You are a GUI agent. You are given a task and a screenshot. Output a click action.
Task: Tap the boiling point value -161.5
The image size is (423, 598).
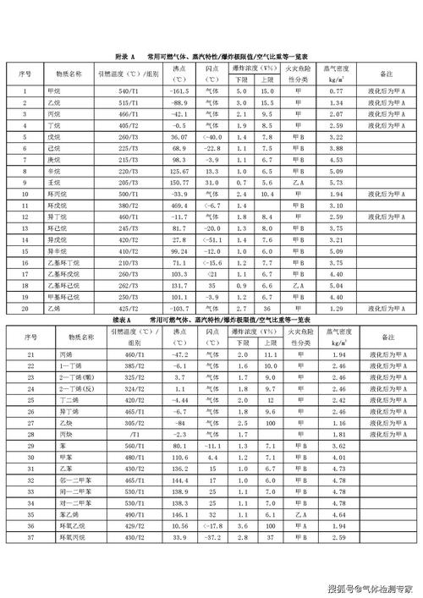(x=179, y=91)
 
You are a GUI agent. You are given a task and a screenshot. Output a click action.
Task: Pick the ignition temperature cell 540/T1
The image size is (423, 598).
(x=128, y=91)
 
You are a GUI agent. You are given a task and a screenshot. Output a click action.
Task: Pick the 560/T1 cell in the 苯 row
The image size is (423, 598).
(x=128, y=445)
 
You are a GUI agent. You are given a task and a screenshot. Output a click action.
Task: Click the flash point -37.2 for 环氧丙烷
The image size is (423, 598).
(x=211, y=536)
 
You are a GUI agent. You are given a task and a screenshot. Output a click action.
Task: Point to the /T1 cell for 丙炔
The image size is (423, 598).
(x=128, y=433)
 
